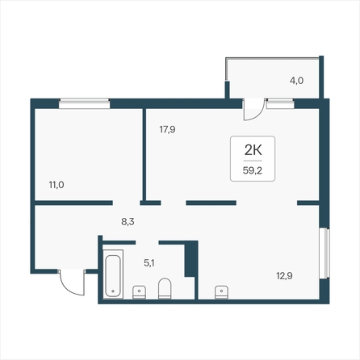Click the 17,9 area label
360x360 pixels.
click(167, 130)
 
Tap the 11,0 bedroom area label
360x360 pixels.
click(57, 185)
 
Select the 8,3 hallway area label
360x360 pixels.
click(128, 222)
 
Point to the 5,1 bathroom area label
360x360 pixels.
click(149, 263)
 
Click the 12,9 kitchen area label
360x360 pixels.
click(284, 276)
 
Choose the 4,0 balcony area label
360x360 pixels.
click(296, 81)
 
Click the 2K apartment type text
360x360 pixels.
click(253, 150)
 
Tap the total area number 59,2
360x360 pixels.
click(253, 170)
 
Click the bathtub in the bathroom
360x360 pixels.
click(113, 274)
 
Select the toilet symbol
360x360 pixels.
click(165, 288)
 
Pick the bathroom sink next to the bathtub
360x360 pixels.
click(140, 292)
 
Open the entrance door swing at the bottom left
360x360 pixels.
click(73, 283)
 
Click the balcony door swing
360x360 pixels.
click(253, 110)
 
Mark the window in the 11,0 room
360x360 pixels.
click(85, 103)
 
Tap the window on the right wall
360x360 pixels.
click(324, 253)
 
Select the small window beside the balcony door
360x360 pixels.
click(280, 103)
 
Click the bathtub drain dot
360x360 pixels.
click(113, 291)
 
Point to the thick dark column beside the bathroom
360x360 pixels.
click(191, 258)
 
